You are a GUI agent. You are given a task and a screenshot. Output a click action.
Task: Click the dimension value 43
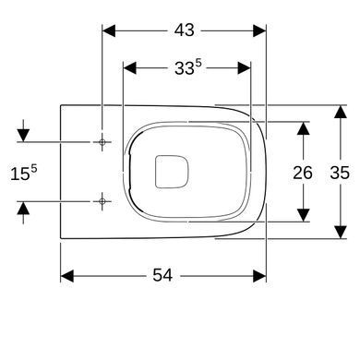click(x=185, y=30)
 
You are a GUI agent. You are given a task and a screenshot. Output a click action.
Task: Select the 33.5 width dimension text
click(x=188, y=67)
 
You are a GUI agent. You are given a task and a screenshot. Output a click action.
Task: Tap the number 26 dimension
click(x=303, y=173)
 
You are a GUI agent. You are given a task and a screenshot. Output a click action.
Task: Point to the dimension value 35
click(x=340, y=173)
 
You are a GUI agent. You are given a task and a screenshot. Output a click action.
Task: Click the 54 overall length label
click(x=162, y=275)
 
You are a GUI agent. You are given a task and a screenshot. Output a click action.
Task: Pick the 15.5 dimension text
click(x=24, y=173)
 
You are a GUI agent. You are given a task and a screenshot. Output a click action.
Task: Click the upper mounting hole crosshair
click(x=102, y=142)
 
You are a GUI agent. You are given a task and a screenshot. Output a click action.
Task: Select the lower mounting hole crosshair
click(x=102, y=201)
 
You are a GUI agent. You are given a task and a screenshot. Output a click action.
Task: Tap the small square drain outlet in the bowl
click(x=172, y=172)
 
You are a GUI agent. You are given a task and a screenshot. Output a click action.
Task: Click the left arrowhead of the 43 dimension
click(x=109, y=30)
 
